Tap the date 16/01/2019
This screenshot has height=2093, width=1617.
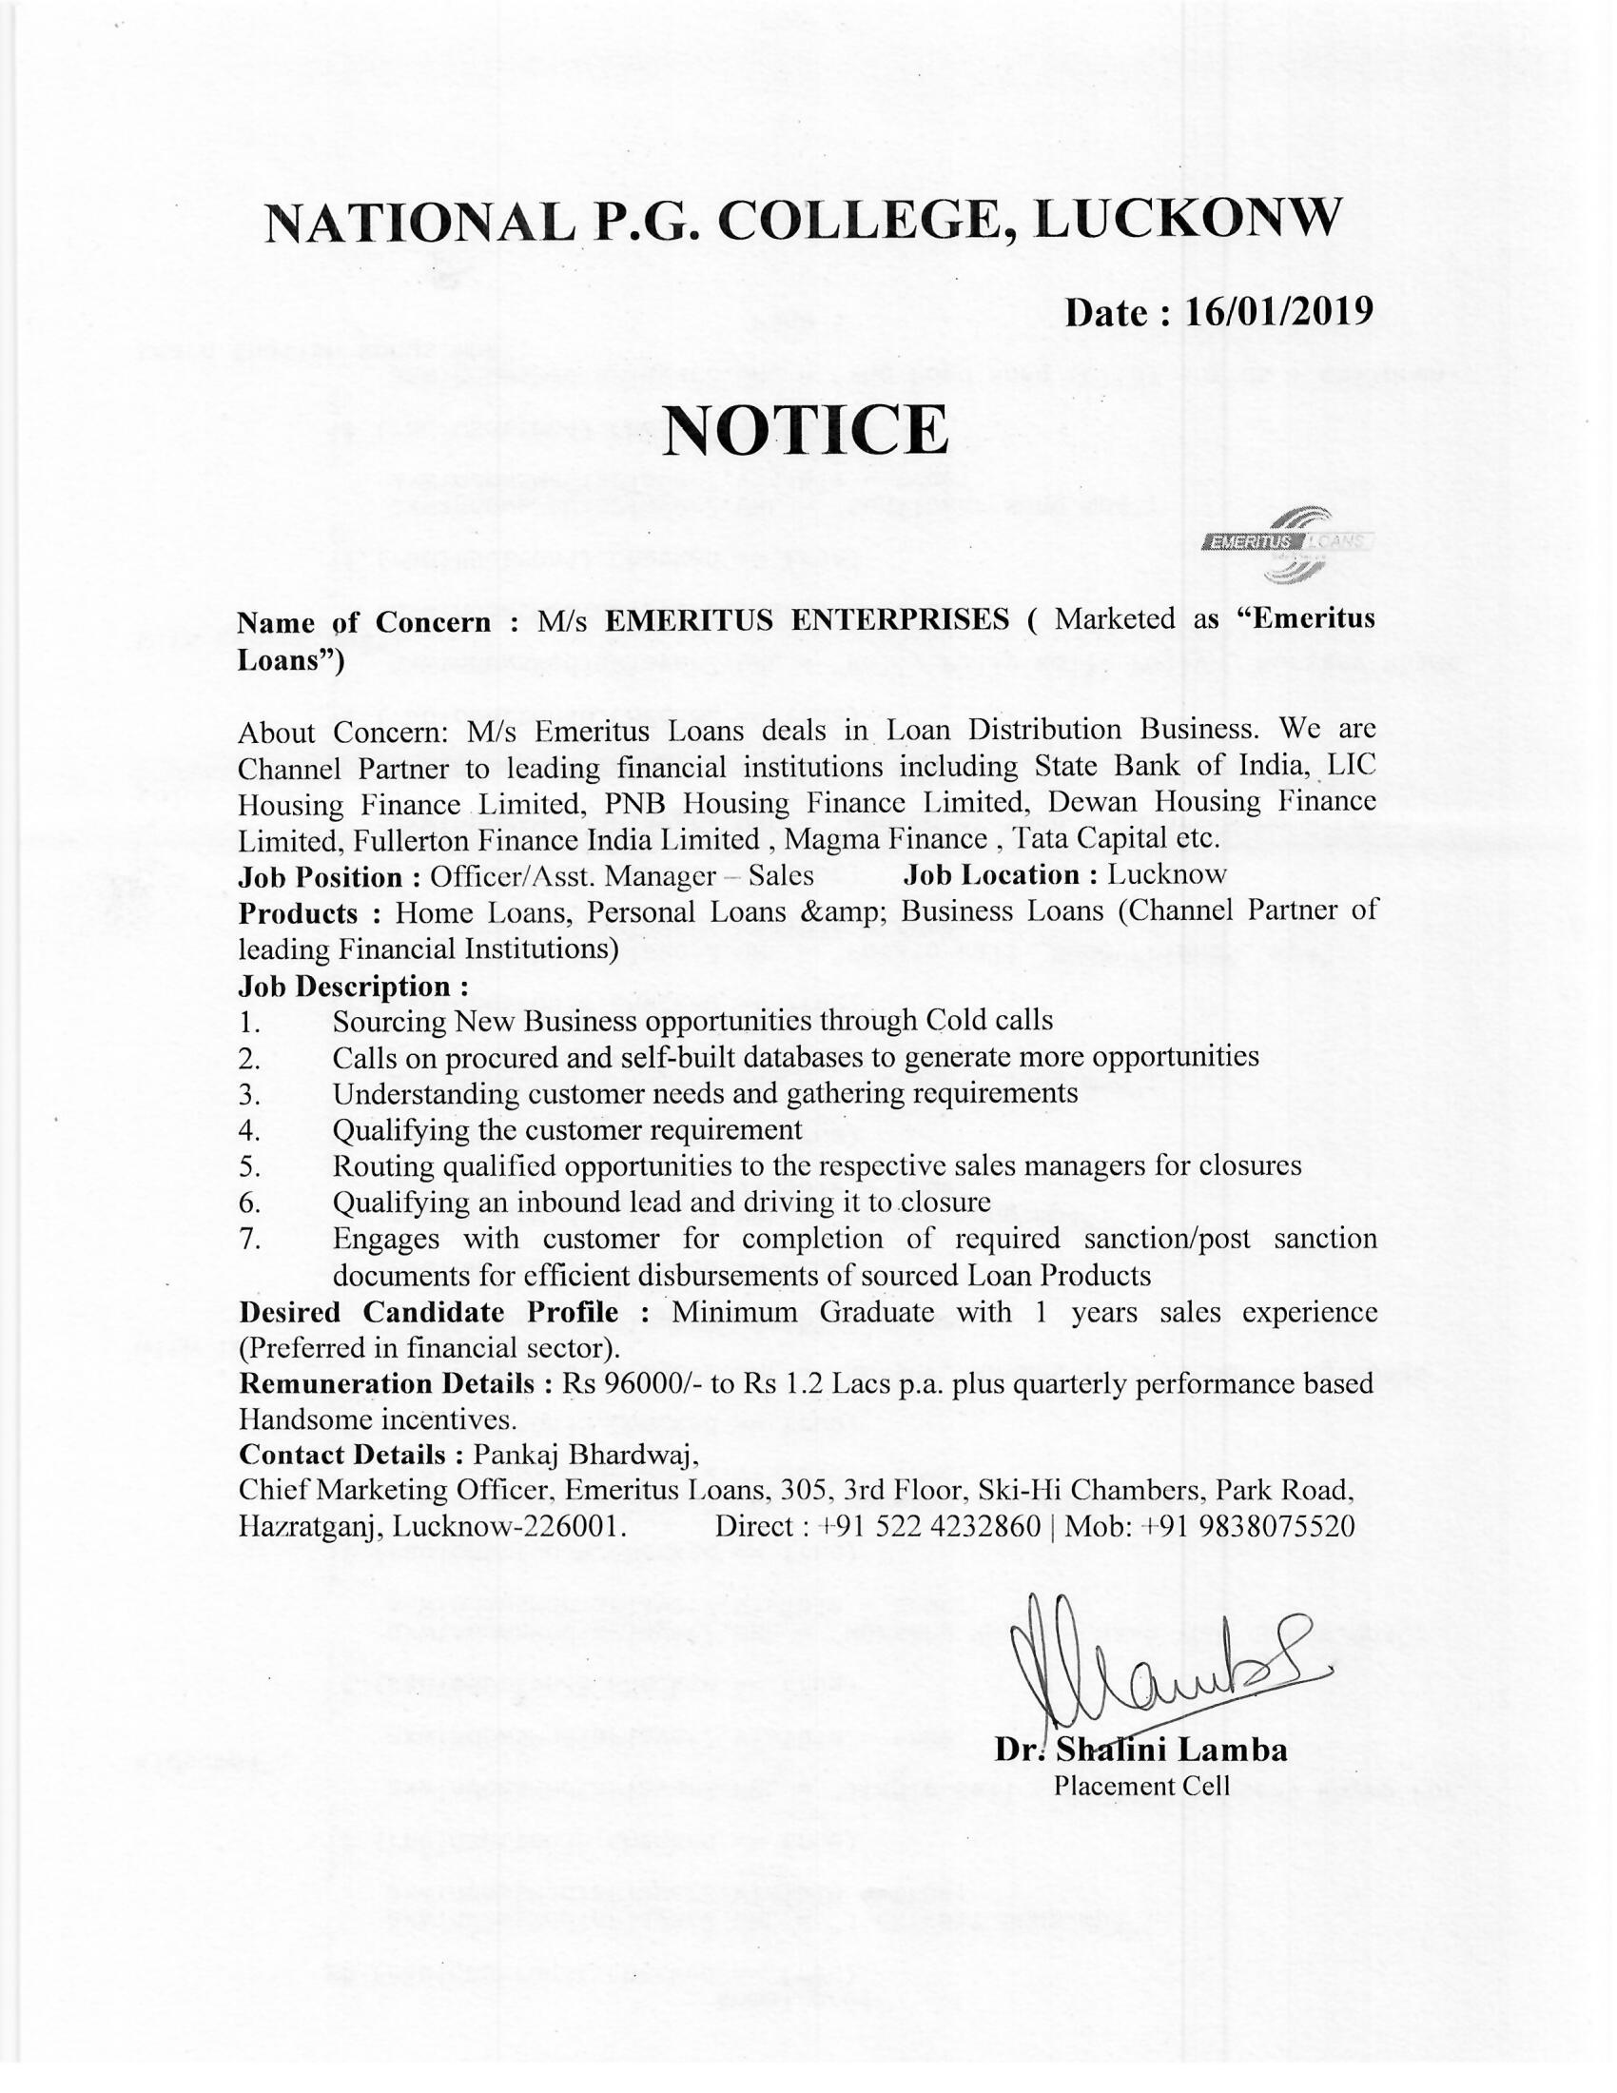[x=1277, y=311]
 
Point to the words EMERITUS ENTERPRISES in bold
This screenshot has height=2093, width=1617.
[x=808, y=620]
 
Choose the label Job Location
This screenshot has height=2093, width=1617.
[x=992, y=875]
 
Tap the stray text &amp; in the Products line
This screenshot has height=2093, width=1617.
[x=840, y=911]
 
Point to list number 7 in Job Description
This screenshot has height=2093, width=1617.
[x=250, y=1240]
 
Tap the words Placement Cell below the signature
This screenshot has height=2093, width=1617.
[x=1140, y=1786]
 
